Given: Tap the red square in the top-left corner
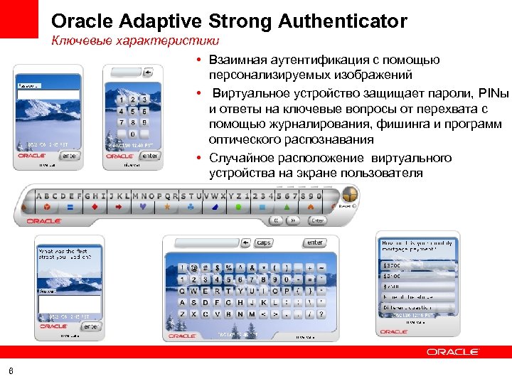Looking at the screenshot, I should tap(19, 19).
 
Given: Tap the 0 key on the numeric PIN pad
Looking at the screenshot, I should tap(132, 134).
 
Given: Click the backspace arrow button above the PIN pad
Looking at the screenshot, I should tap(148, 72).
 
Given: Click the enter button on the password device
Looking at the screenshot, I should tap(70, 155).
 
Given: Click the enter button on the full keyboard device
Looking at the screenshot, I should tap(314, 242).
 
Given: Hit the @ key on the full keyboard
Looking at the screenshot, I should tap(194, 268).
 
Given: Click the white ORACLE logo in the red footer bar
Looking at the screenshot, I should tap(452, 351).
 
